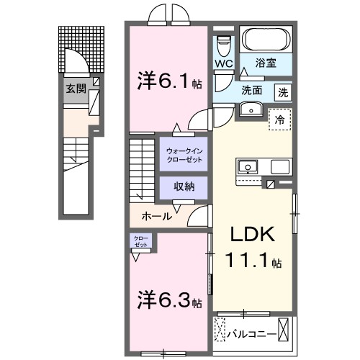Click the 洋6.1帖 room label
tap(166, 81)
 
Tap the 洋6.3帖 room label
tap(167, 297)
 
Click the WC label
tap(223, 64)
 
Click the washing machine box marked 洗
tap(283, 91)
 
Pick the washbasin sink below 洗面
tap(251, 109)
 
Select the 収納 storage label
tap(185, 186)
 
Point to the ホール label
tap(156, 215)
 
